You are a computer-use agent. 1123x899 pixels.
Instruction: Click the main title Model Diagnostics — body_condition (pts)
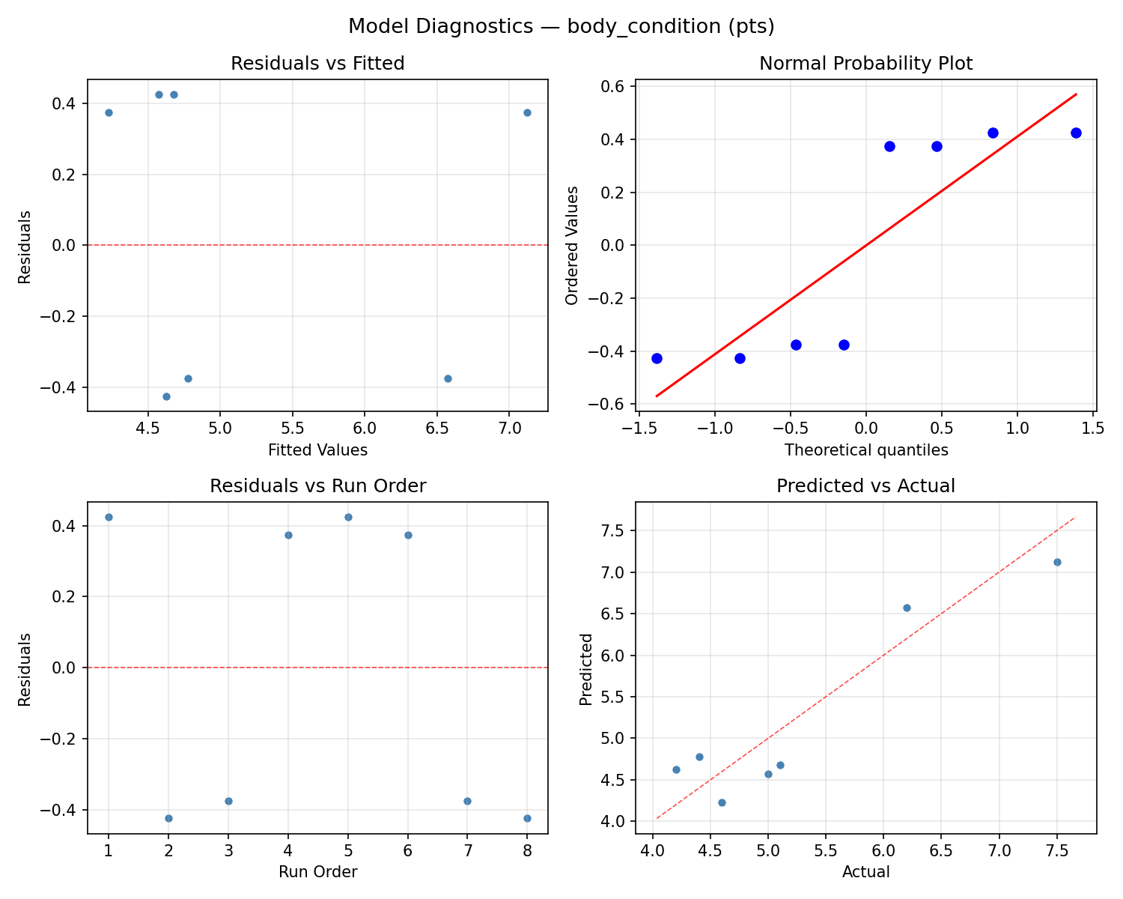(561, 27)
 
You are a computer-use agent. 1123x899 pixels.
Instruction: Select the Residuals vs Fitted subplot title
(317, 64)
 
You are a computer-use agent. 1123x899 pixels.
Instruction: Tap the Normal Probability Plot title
(865, 64)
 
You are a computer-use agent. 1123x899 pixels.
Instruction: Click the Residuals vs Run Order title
(317, 486)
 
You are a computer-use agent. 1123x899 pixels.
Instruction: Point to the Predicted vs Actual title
(865, 486)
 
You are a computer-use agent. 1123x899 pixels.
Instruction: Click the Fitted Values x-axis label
(317, 450)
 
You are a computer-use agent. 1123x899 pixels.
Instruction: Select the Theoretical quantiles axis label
(865, 450)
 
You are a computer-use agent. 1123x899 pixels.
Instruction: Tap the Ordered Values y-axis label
(573, 246)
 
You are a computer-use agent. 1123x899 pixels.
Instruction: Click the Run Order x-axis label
(317, 872)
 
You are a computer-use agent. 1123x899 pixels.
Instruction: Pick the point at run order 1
(109, 517)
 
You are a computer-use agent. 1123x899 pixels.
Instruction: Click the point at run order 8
(527, 818)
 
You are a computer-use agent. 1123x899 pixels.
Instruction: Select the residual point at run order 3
(228, 801)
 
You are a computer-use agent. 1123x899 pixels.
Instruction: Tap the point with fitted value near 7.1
(527, 112)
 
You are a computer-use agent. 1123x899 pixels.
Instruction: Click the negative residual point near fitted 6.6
(448, 378)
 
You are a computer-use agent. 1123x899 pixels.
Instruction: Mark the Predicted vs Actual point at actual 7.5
(1057, 562)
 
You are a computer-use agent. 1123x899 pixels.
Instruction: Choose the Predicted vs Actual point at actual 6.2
(907, 608)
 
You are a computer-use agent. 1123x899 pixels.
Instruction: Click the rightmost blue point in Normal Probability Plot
(1076, 133)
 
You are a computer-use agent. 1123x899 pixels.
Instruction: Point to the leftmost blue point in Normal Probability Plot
(657, 358)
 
